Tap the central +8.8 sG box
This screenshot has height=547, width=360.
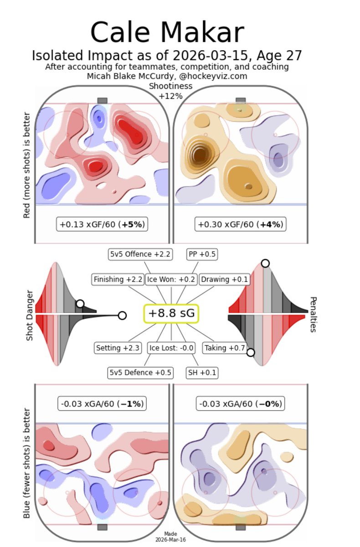click(x=171, y=314)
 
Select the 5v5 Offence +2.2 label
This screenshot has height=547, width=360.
click(x=140, y=254)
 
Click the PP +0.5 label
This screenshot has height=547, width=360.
click(x=202, y=254)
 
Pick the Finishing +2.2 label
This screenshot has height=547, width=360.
click(x=118, y=279)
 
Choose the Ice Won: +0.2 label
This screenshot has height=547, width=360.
click(x=171, y=279)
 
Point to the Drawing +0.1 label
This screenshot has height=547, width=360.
click(x=225, y=279)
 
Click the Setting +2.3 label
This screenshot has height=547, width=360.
click(x=118, y=348)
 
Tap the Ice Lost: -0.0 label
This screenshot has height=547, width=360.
click(x=172, y=348)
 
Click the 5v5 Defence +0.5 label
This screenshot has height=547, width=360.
click(x=140, y=373)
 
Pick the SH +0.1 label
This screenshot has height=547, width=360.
click(x=202, y=373)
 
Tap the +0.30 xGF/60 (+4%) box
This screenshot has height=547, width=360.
click(x=241, y=224)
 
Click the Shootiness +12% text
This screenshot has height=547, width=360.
click(x=170, y=91)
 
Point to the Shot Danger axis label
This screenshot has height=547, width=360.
click(x=30, y=315)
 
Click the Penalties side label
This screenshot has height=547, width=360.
click(x=313, y=315)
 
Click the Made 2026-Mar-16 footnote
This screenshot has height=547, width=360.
click(x=171, y=537)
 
